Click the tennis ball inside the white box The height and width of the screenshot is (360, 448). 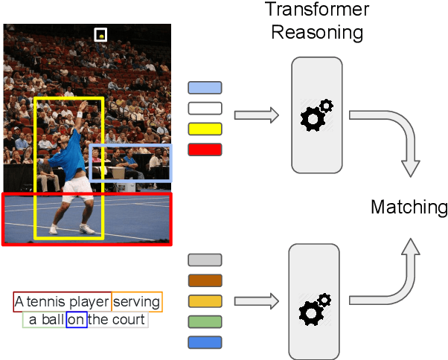[101, 34]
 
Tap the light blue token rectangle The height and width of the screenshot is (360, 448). [205, 88]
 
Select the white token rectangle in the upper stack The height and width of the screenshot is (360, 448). [205, 108]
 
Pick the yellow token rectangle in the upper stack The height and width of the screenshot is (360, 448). [205, 128]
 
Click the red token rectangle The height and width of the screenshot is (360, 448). [205, 149]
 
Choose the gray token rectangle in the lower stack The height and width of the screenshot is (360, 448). [205, 260]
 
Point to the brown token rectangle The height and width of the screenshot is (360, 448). [205, 280]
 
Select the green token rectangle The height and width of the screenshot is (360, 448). [205, 321]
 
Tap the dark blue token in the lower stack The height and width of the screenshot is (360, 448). [205, 342]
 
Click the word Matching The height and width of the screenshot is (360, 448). [409, 207]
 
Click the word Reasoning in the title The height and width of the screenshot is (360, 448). [317, 33]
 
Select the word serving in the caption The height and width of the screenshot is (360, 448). [137, 301]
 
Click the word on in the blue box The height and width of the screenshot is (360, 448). [76, 320]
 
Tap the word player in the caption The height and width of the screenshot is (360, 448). [89, 301]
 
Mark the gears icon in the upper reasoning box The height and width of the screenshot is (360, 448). [316, 115]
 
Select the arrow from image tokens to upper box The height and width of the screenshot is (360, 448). [256, 115]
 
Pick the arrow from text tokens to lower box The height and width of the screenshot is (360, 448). [256, 301]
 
